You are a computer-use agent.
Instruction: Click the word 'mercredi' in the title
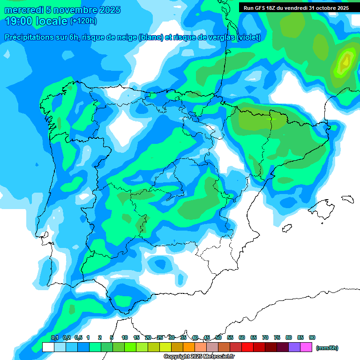tap(23, 10)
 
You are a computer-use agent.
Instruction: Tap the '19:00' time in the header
tap(18, 21)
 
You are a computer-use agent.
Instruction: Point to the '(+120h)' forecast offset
tap(83, 21)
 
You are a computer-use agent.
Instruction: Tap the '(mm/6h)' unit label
tap(327, 348)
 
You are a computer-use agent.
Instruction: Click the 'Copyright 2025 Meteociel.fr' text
tap(199, 357)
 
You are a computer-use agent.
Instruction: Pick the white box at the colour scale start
tap(48, 347)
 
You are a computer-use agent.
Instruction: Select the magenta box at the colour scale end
tap(307, 347)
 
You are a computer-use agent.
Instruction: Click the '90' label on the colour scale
tap(312, 337)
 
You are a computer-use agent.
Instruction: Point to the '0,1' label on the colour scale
tap(55, 337)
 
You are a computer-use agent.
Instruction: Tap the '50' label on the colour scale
tap(218, 337)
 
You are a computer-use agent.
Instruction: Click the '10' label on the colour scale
tap(125, 337)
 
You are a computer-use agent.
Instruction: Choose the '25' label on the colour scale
tap(160, 337)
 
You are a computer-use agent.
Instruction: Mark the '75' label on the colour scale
tap(277, 337)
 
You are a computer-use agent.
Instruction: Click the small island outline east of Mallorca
tap(347, 199)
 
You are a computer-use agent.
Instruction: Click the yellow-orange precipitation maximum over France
tap(346, 60)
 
